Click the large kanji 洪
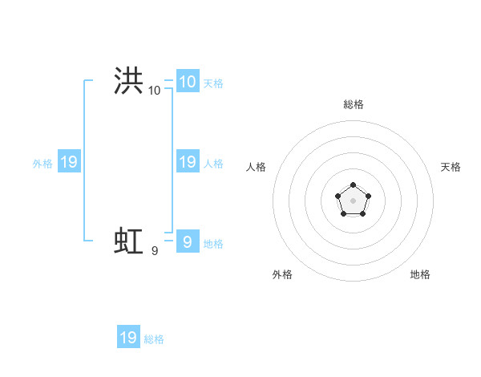tap(128, 81)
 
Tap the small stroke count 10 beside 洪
tap(154, 91)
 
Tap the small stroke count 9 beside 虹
tap(155, 251)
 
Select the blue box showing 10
tap(187, 81)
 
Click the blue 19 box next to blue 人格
tap(187, 162)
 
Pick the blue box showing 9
tap(187, 241)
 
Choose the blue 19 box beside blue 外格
tap(69, 162)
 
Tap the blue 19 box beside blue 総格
tap(128, 337)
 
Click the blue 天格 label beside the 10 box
tap(213, 83)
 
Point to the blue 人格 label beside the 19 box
tap(213, 164)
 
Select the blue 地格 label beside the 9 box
tap(213, 244)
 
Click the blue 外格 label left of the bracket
tap(42, 164)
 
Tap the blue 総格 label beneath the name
tap(154, 339)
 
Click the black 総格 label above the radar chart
tap(354, 104)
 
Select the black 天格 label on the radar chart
tap(451, 167)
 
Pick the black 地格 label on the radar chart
tap(420, 274)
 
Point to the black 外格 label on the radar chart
tap(282, 274)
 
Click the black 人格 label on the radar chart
tap(256, 167)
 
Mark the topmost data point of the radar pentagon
tap(353, 185)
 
